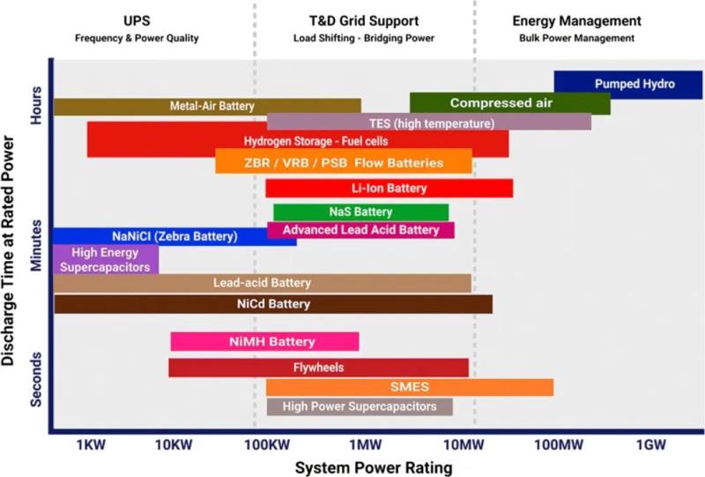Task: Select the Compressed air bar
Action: (509, 103)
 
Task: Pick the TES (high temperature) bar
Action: (429, 123)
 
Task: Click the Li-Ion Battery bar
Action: (389, 188)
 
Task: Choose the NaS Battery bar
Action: (360, 212)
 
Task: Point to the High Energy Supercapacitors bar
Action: (106, 259)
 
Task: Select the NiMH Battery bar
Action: (264, 341)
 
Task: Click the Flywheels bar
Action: (318, 367)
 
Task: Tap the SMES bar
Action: (410, 387)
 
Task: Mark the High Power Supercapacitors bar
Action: (360, 406)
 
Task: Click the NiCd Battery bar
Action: (273, 304)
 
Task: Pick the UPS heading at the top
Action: (137, 20)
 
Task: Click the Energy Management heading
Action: (576, 20)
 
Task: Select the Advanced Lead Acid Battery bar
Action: (360, 230)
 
